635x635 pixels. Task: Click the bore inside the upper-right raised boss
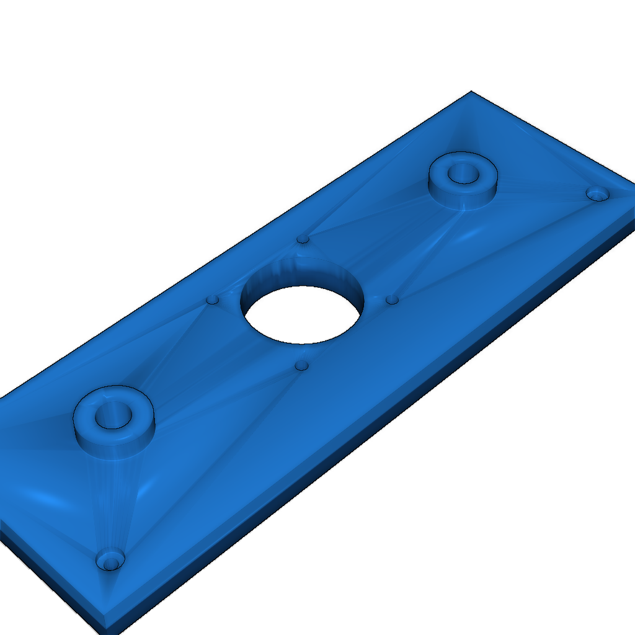[x=462, y=173]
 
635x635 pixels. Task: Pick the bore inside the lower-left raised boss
[x=113, y=415]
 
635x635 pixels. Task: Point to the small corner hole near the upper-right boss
[x=598, y=193]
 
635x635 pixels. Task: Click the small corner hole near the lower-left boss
[x=110, y=561]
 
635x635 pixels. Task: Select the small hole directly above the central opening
[x=303, y=239]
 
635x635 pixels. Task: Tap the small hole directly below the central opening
[x=302, y=366]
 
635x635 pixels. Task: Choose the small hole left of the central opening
[x=213, y=300]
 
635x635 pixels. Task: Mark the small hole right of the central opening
[x=392, y=300]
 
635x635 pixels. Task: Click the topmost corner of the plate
[x=471, y=92]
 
